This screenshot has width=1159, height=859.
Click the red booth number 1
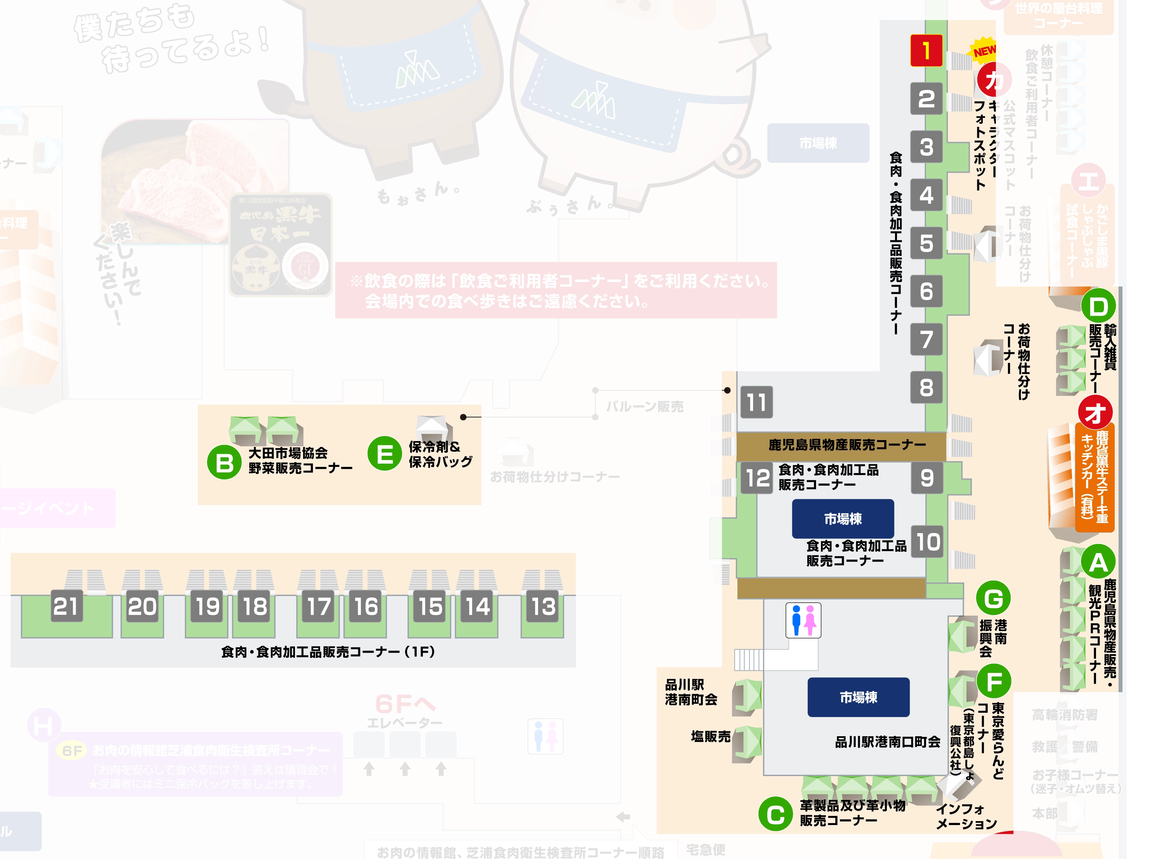coord(926,50)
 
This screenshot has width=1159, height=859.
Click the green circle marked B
coord(224,462)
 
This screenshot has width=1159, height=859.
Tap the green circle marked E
coord(385,453)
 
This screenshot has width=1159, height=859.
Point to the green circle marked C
coord(775,814)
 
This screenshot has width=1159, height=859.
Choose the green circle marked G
coord(993,598)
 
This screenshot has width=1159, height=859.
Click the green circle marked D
coord(1098,306)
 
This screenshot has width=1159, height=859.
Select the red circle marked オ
coord(1095,413)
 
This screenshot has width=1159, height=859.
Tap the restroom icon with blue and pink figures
coord(803,620)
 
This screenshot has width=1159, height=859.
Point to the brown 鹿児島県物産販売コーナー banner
coord(847,445)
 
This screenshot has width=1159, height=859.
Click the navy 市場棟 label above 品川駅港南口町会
coord(858,697)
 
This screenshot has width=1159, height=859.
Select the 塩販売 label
coord(710,736)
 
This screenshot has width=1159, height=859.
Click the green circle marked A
coord(1098,562)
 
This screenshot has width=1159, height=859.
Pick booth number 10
coord(928,542)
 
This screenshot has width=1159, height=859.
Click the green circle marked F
coord(994,681)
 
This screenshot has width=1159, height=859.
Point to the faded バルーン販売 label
coord(644,406)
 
